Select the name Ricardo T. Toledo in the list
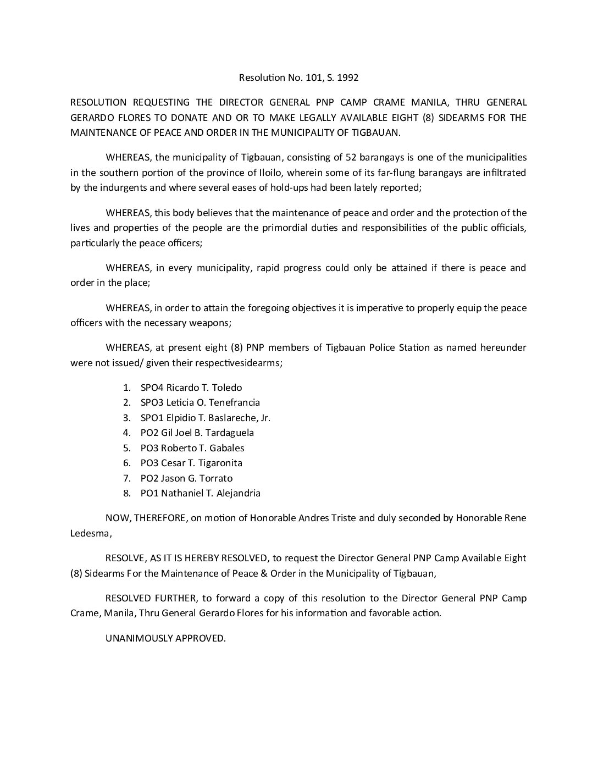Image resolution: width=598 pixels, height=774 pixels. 204,388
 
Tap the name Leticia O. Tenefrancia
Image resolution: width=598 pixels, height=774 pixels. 213,402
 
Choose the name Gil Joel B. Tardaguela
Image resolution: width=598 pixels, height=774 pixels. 207,433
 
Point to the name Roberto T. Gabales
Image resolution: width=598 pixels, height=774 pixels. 202,448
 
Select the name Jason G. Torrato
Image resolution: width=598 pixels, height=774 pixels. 197,478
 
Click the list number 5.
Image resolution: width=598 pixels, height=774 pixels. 126,448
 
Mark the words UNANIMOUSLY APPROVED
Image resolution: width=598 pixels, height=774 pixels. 165,638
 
